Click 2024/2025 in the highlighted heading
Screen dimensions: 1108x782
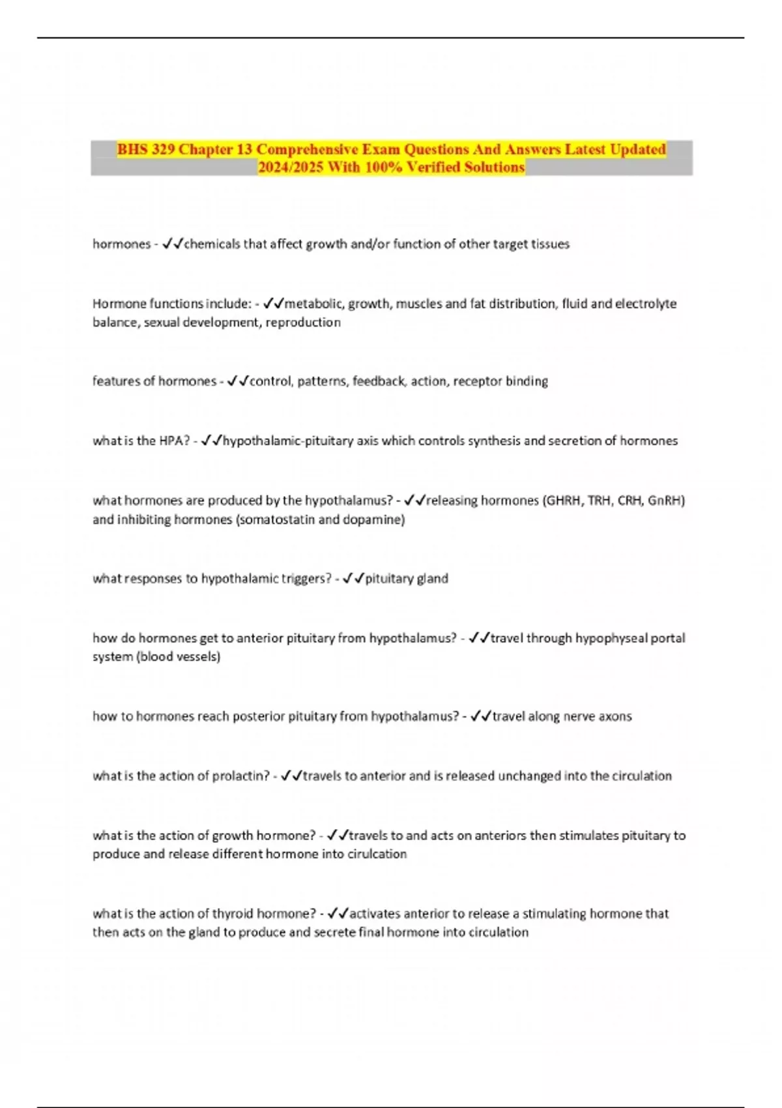point(291,168)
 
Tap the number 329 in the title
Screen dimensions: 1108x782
point(164,149)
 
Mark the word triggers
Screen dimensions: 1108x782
point(306,579)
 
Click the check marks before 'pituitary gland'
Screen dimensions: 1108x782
point(353,579)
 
